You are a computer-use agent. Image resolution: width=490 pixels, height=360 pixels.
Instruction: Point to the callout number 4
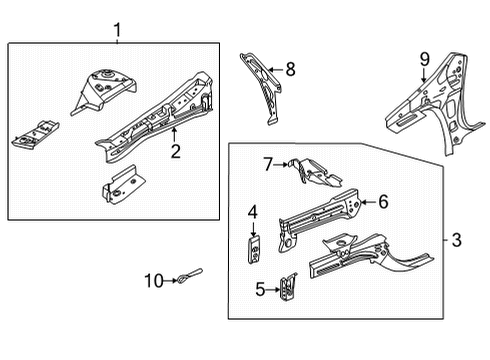[x=253, y=212]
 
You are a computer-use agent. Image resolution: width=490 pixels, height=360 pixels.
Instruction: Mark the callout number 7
[x=268, y=163]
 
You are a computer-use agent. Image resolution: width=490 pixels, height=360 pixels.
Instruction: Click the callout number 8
[x=290, y=68]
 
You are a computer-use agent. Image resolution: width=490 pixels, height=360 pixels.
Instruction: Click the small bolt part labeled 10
[x=190, y=275]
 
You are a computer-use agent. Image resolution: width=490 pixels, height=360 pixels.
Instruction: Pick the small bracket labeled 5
[x=290, y=288]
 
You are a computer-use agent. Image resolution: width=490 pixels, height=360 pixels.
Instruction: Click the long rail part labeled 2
[x=155, y=120]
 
